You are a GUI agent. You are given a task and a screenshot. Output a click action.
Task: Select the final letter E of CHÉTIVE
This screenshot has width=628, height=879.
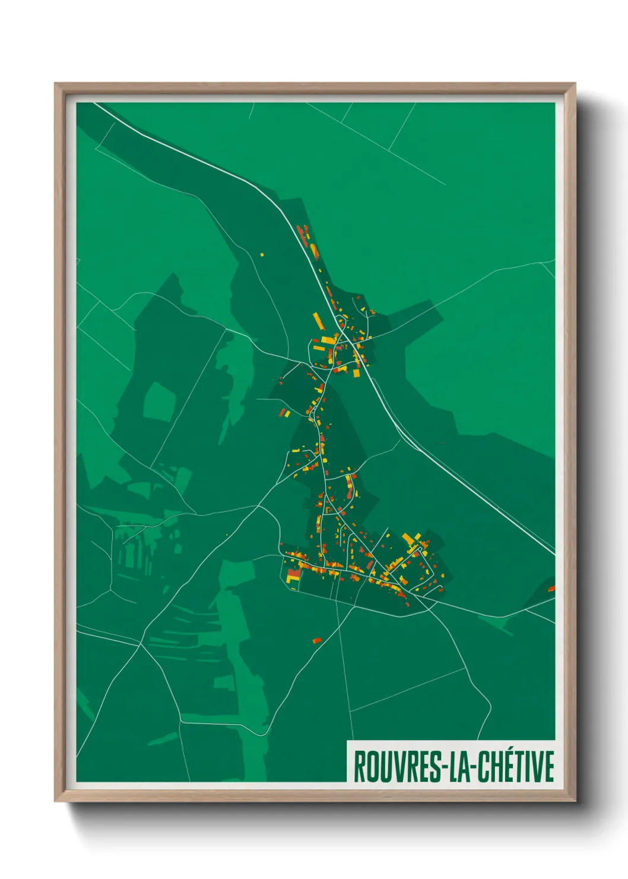click(x=549, y=766)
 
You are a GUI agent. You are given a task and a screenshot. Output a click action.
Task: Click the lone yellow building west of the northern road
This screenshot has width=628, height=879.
click(x=261, y=254)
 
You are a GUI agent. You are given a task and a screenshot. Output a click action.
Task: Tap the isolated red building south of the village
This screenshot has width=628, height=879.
click(x=317, y=640)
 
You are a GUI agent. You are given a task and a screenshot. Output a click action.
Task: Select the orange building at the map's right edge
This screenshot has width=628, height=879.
click(x=551, y=589)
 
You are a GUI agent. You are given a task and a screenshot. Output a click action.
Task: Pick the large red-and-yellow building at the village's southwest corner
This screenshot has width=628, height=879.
click(x=293, y=575)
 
